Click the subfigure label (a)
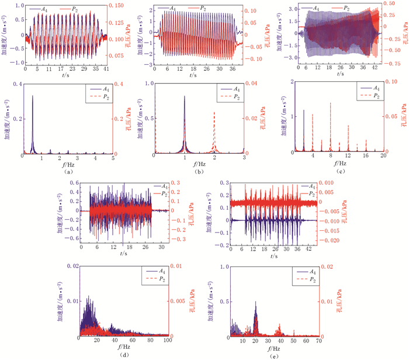[70, 172]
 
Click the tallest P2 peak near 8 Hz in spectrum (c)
[330, 104]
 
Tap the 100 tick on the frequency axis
[167, 340]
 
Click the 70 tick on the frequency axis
[318, 340]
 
